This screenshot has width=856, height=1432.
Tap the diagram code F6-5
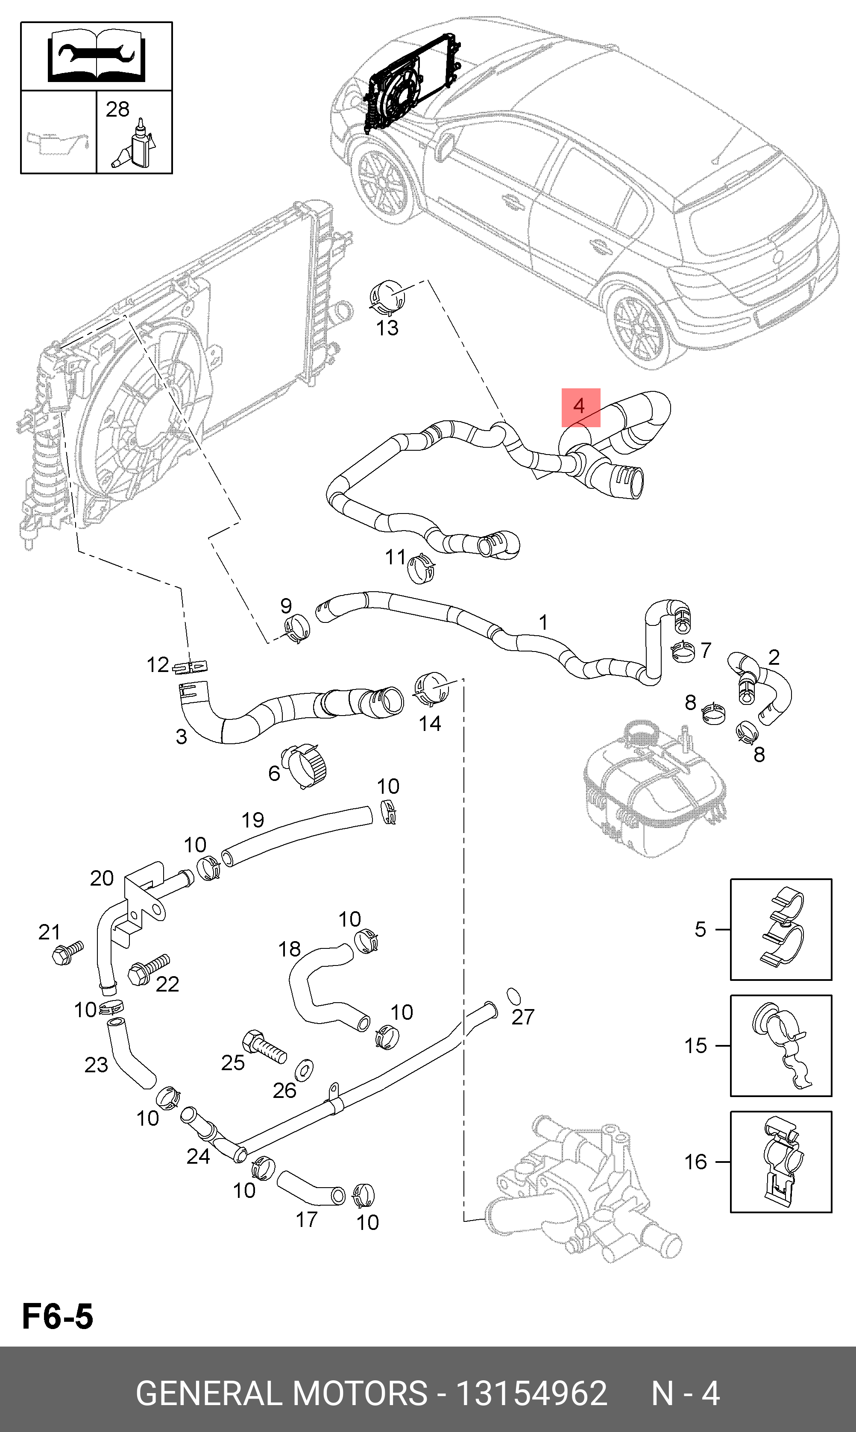click(x=57, y=1317)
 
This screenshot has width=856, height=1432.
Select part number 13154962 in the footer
click(x=531, y=1394)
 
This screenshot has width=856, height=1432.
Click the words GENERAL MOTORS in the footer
click(x=281, y=1394)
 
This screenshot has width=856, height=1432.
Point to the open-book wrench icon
click(x=97, y=56)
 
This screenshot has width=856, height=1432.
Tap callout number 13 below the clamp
click(x=387, y=328)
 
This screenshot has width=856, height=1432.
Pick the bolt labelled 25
click(x=264, y=1046)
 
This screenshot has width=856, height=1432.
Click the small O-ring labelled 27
click(x=513, y=995)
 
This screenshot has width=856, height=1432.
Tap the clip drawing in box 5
click(x=782, y=928)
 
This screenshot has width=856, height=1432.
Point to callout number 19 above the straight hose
click(x=252, y=819)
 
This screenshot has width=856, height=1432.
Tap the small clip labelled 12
click(x=189, y=667)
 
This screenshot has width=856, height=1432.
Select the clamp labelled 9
click(x=296, y=628)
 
